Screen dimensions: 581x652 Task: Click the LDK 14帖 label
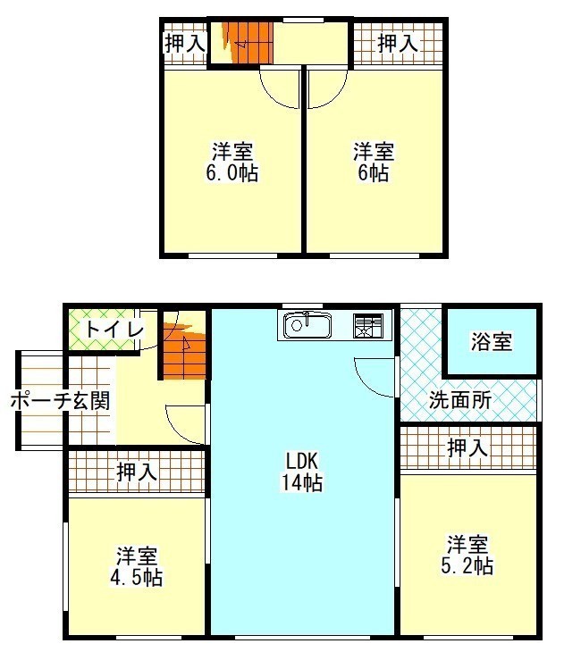pyautogui.click(x=302, y=472)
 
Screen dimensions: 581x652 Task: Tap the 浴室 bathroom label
pyautogui.click(x=491, y=341)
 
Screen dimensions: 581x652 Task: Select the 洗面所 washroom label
pyautogui.click(x=460, y=400)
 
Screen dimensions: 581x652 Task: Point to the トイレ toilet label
pyautogui.click(x=114, y=330)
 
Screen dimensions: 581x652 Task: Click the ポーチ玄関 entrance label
pyautogui.click(x=61, y=401)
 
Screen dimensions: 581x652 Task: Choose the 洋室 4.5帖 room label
pyautogui.click(x=136, y=566)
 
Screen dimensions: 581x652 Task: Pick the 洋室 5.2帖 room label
pyautogui.click(x=467, y=556)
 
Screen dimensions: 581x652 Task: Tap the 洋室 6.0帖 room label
pyautogui.click(x=232, y=163)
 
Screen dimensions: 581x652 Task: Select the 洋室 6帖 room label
pyautogui.click(x=374, y=163)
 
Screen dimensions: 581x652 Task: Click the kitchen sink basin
pyautogui.click(x=307, y=325)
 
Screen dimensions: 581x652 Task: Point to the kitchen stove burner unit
pyautogui.click(x=368, y=325)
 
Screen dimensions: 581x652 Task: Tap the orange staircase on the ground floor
pyautogui.click(x=184, y=350)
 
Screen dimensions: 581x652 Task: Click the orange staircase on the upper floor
pyautogui.click(x=248, y=42)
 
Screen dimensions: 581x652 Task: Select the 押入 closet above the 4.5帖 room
pyautogui.click(x=137, y=472)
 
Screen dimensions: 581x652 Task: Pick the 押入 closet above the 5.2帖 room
pyautogui.click(x=467, y=447)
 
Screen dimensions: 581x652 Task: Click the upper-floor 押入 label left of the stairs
pyautogui.click(x=185, y=43)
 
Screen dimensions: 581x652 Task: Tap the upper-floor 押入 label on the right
pyautogui.click(x=398, y=43)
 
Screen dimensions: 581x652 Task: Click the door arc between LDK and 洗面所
pyautogui.click(x=365, y=386)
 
